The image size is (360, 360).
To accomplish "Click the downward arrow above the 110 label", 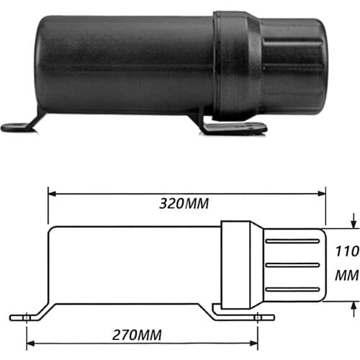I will click(x=351, y=222).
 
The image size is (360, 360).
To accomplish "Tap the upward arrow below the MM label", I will click(x=351, y=307).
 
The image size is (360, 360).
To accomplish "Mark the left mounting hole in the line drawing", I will click(x=26, y=316).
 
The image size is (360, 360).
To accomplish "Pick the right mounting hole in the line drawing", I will click(x=256, y=316).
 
